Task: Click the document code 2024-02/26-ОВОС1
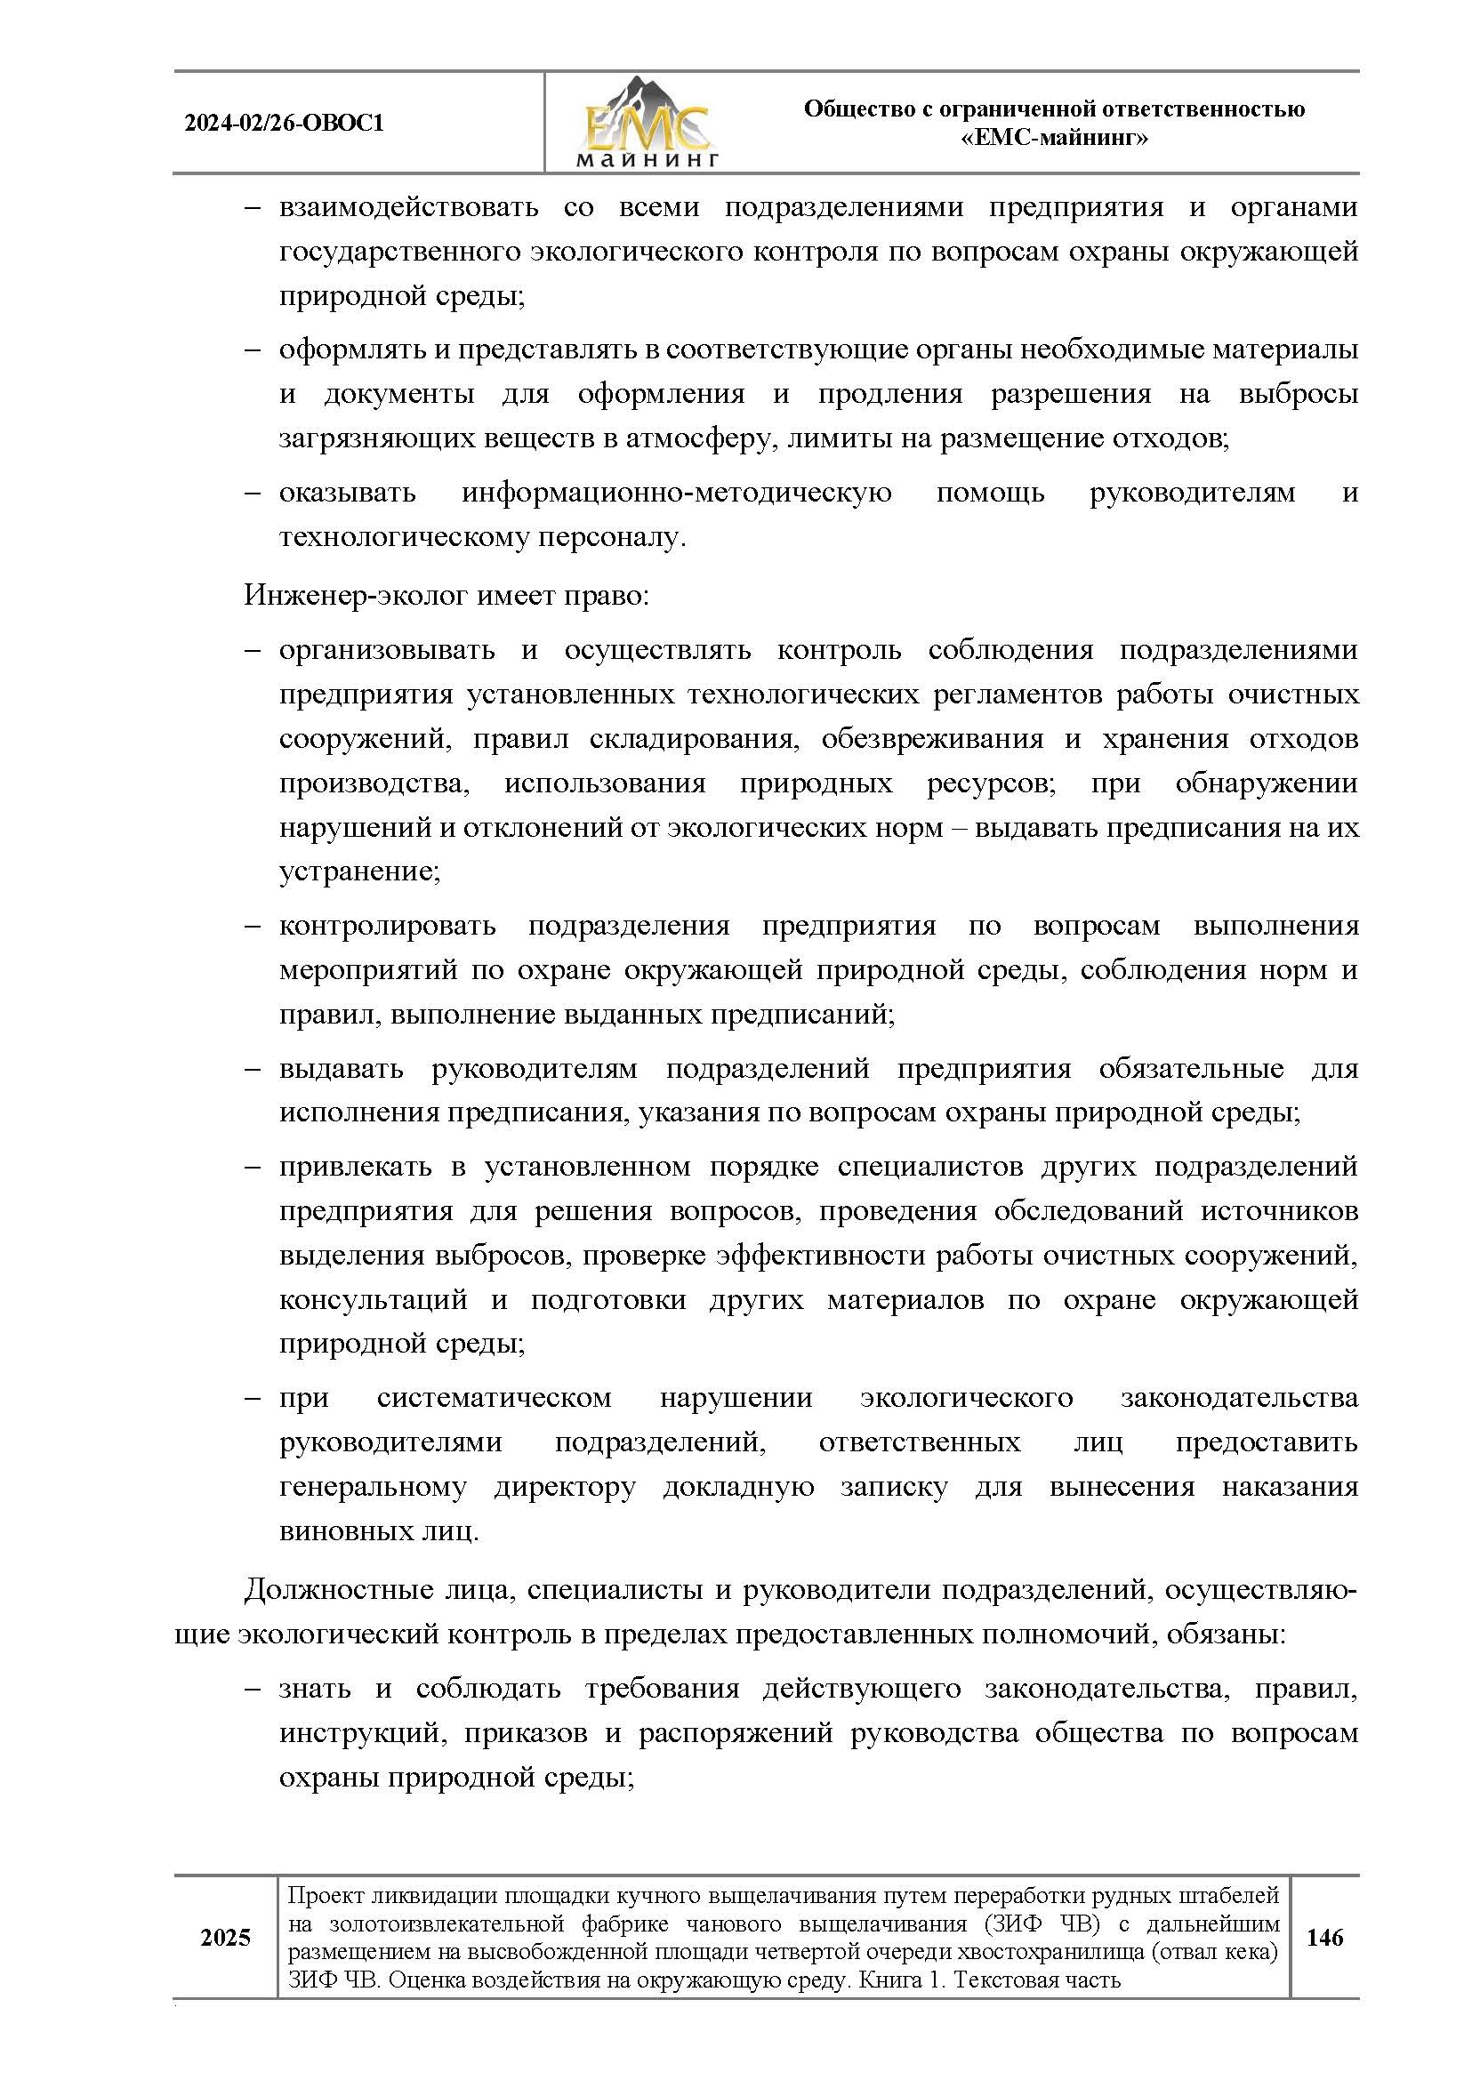click(284, 124)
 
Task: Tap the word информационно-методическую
click(676, 493)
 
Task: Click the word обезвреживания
click(932, 738)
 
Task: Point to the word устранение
click(358, 871)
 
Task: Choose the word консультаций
click(374, 1299)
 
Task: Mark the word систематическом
click(494, 1398)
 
